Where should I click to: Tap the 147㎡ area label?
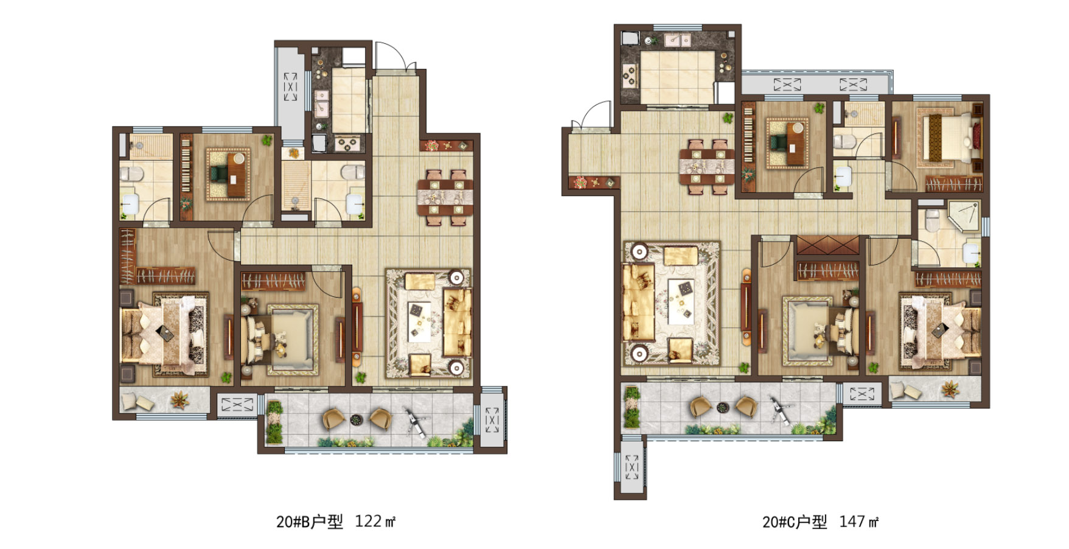(x=858, y=522)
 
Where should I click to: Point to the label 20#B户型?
(x=310, y=522)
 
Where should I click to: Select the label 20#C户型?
(x=795, y=522)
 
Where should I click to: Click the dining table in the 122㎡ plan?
(x=445, y=198)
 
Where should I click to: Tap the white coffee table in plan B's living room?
(x=420, y=321)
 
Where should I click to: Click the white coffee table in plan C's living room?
(x=681, y=301)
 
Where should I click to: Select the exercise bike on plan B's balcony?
(x=417, y=422)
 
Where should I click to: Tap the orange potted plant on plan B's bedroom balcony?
(x=180, y=400)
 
